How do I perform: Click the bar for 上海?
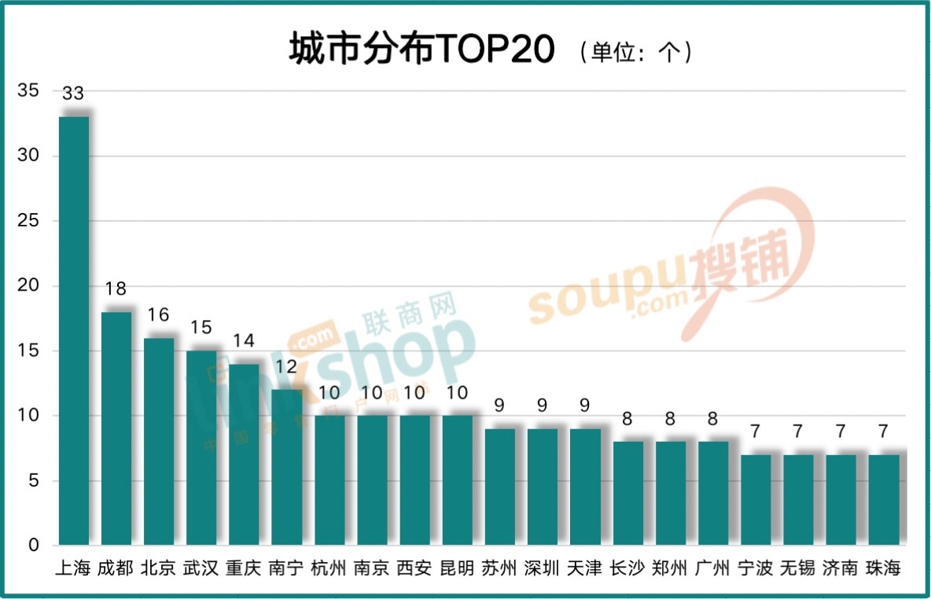pos(74,330)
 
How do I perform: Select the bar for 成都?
pos(116,428)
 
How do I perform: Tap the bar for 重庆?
pos(244,454)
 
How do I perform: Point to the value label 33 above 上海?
pos(73,94)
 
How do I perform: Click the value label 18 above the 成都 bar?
pos(116,288)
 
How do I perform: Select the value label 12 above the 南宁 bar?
pos(285,366)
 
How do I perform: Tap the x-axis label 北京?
pos(158,568)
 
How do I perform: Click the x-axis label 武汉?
pos(201,568)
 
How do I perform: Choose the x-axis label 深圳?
pos(542,568)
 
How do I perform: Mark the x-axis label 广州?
pos(712,568)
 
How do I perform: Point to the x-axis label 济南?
pos(840,568)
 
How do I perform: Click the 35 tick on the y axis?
pos(28,91)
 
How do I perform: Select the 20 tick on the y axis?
pos(28,286)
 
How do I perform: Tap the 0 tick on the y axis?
pos(33,546)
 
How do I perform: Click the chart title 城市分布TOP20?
pos(422,51)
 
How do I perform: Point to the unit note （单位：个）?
pos(634,53)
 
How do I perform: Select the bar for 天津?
pos(584,487)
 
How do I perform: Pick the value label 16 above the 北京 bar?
pos(158,314)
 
